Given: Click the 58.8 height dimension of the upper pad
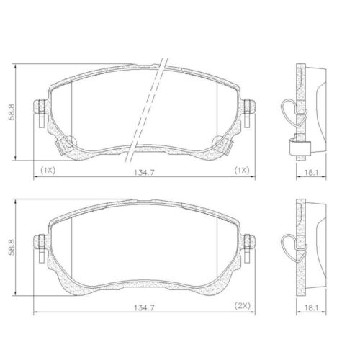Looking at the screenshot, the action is [x=12, y=112].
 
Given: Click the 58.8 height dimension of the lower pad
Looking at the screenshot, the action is [x=12, y=247].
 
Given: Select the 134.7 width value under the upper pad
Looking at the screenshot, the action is [x=144, y=173].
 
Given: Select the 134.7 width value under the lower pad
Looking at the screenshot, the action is [x=144, y=307].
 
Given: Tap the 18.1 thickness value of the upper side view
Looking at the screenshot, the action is [x=311, y=173].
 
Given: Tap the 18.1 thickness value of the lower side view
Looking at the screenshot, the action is [x=311, y=307].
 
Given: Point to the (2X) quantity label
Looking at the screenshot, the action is [x=242, y=306].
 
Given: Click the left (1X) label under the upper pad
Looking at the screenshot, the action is [x=48, y=171].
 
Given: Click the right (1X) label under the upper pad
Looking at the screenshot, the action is [x=242, y=171].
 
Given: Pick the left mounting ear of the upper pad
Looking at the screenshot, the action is [x=39, y=107].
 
